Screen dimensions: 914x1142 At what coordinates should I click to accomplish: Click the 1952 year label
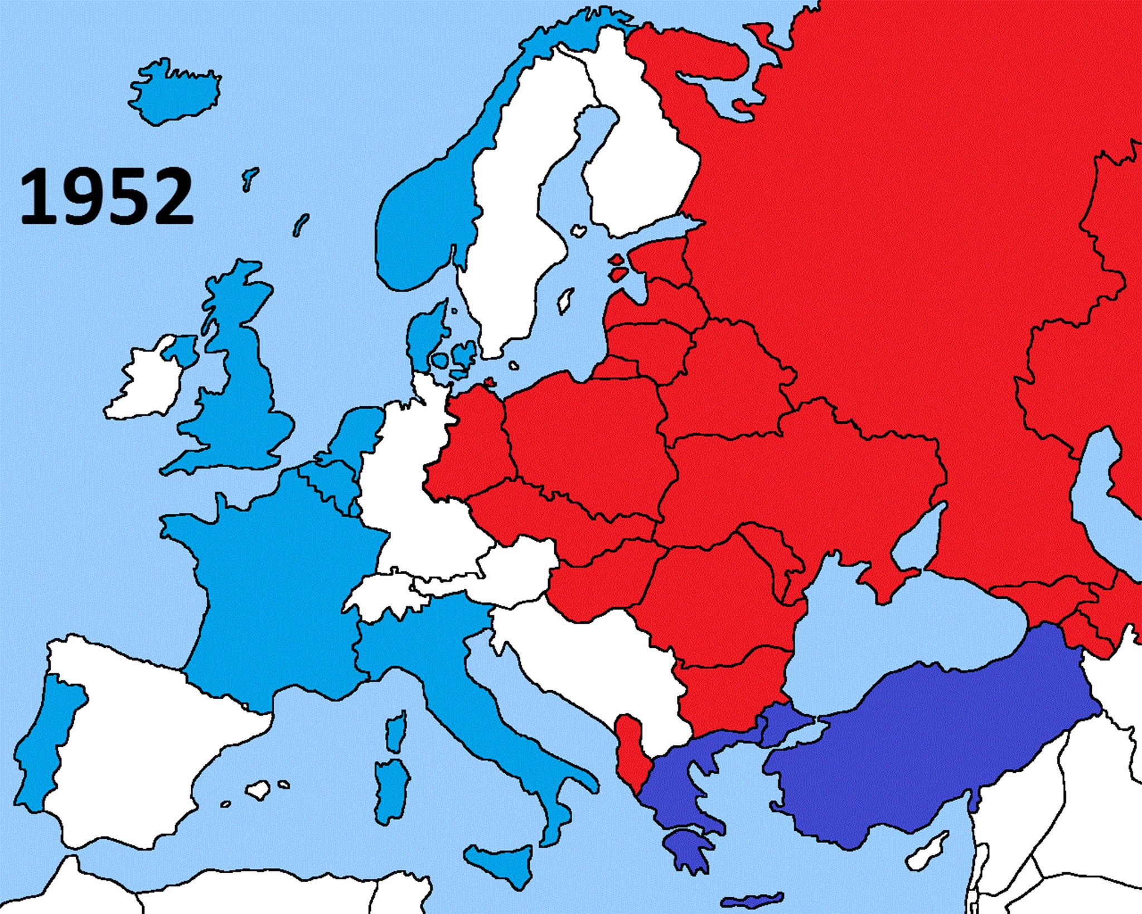(x=106, y=198)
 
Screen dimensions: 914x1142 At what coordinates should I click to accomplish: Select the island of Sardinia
(x=390, y=792)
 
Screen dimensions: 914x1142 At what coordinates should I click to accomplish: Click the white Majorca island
(x=258, y=790)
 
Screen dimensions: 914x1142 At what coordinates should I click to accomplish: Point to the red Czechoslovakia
(x=558, y=519)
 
